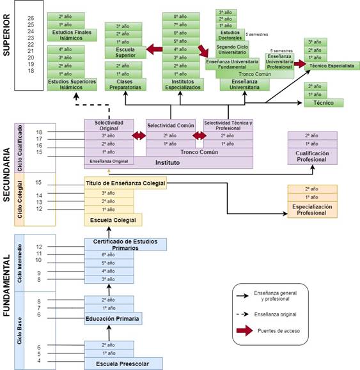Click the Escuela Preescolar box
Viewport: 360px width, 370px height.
(123, 364)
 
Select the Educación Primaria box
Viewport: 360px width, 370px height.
(113, 318)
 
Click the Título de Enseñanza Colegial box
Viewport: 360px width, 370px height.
(125, 183)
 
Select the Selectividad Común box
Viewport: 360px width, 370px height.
(169, 125)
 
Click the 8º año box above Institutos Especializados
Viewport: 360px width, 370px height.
(179, 15)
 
